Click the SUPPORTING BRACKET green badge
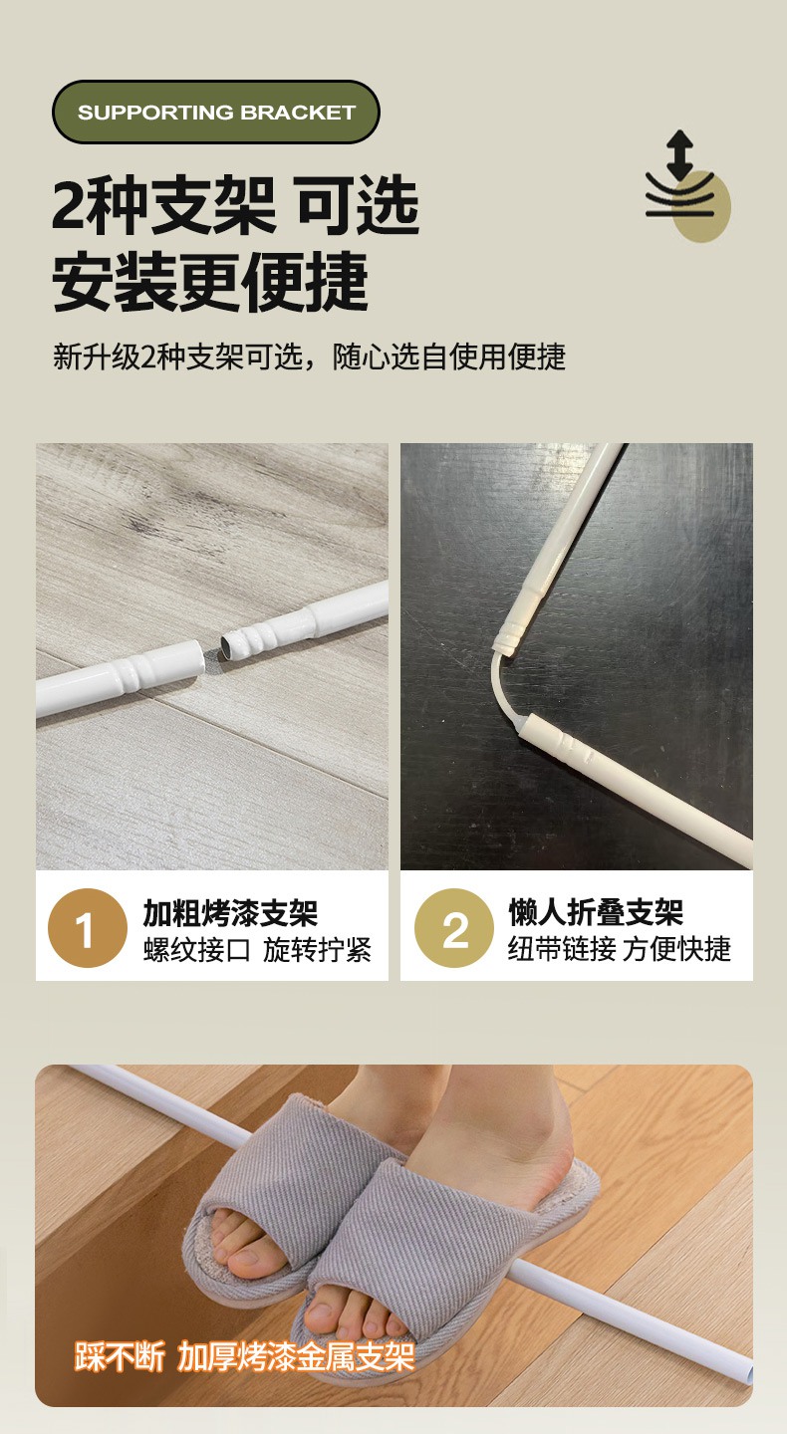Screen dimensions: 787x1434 (216, 112)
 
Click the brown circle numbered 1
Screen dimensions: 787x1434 (87, 928)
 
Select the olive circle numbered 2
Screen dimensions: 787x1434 (454, 928)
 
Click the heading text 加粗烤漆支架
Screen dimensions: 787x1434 (230, 912)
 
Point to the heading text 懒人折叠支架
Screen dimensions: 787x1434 (596, 911)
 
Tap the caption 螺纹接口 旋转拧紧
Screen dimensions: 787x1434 (257, 950)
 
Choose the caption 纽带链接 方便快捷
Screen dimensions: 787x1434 (620, 949)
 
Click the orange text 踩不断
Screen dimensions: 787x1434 (120, 1356)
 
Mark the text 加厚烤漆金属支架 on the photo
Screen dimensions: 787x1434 (296, 1356)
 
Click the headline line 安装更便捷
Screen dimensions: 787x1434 (210, 281)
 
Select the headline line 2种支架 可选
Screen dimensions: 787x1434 (235, 205)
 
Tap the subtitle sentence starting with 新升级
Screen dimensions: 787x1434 (309, 357)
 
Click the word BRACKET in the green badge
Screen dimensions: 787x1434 (299, 113)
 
